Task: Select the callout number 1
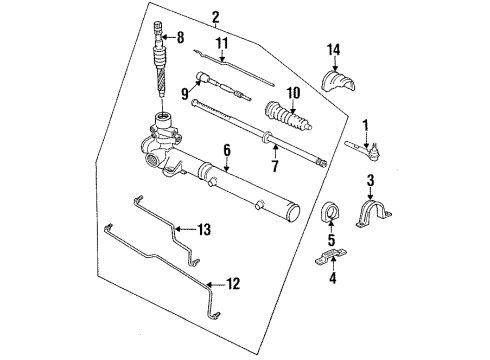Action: pos(365,127)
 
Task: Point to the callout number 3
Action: pos(370,180)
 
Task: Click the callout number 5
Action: pos(331,241)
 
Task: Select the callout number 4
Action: pos(331,279)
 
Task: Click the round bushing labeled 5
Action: pos(329,219)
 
